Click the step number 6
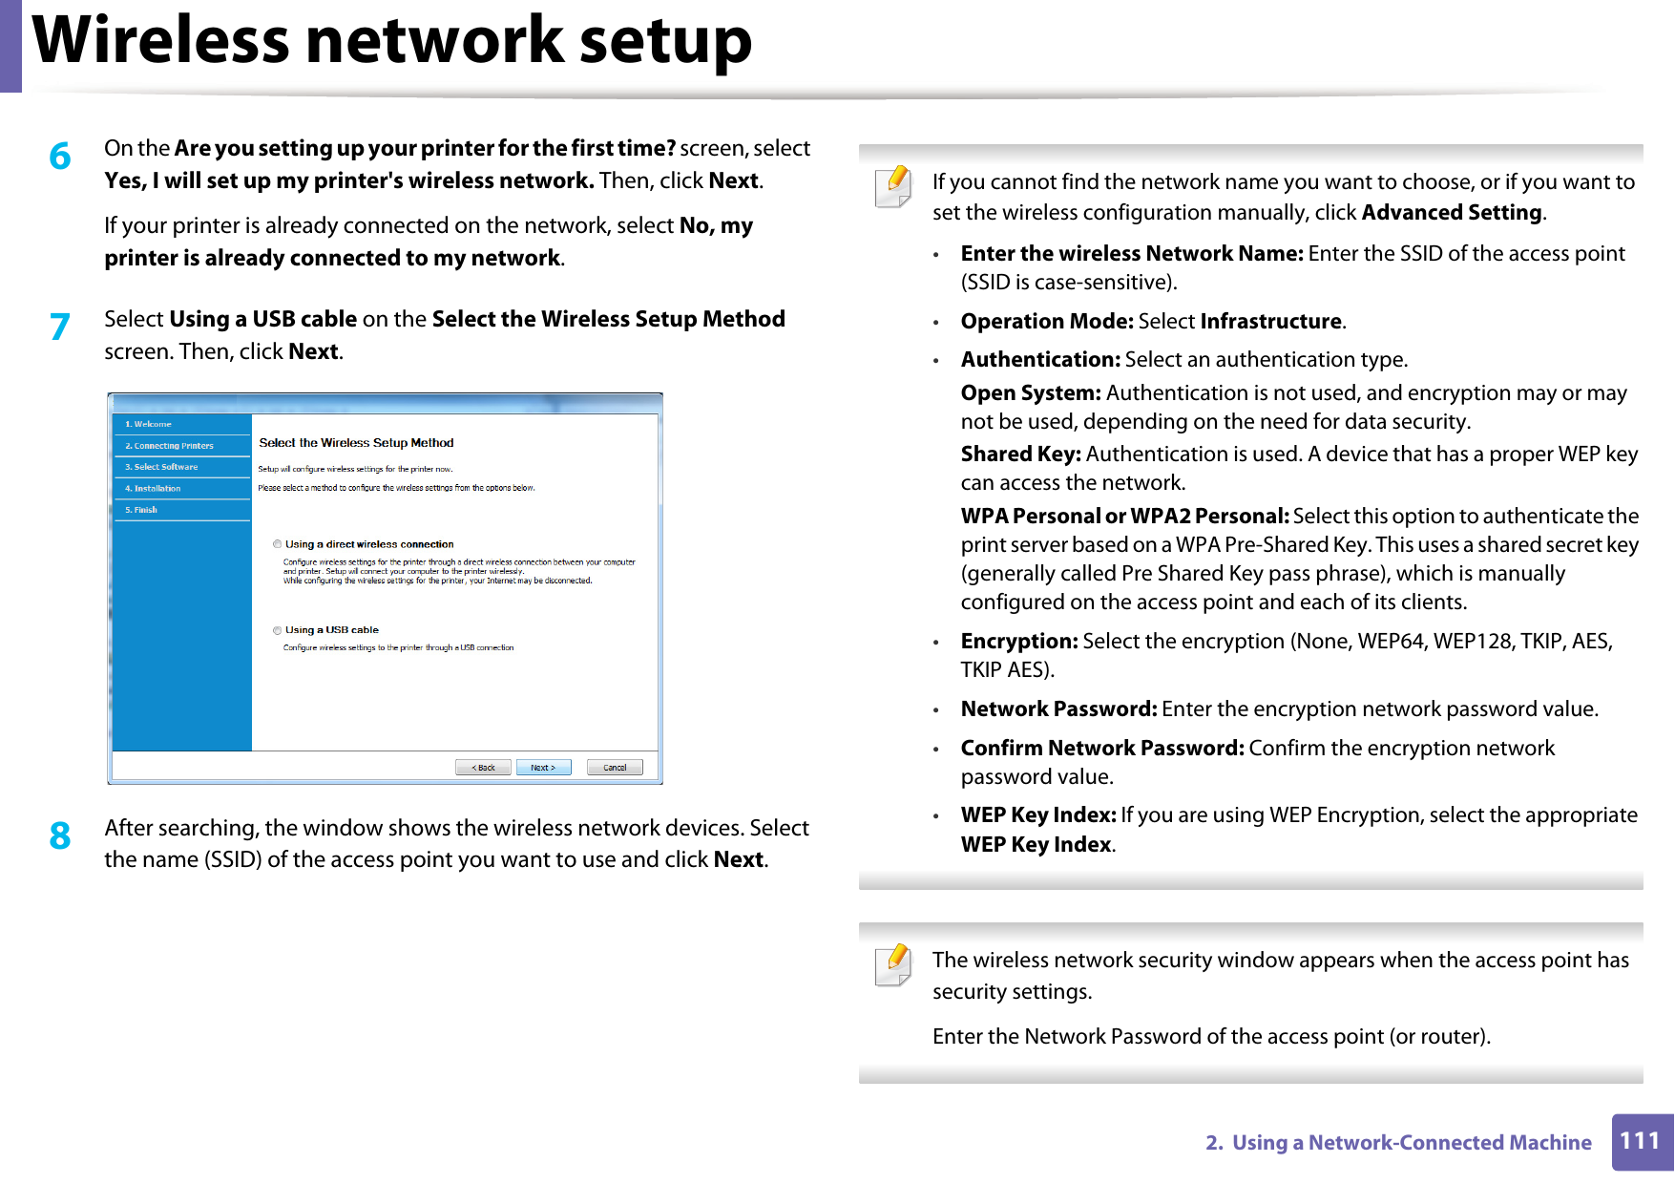[59, 156]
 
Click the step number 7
[59, 327]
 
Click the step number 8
[59, 835]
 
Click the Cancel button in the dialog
[615, 768]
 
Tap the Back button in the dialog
[483, 768]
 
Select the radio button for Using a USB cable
[278, 630]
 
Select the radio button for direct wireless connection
[278, 544]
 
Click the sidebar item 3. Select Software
[161, 467]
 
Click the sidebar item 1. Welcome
[148, 424]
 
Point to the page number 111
[1640, 1141]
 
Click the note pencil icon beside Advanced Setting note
[893, 186]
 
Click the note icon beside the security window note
[893, 964]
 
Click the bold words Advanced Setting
[1451, 213]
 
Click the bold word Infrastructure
[1270, 322]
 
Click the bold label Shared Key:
[1020, 455]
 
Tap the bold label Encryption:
[1018, 642]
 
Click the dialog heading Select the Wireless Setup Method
[356, 443]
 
